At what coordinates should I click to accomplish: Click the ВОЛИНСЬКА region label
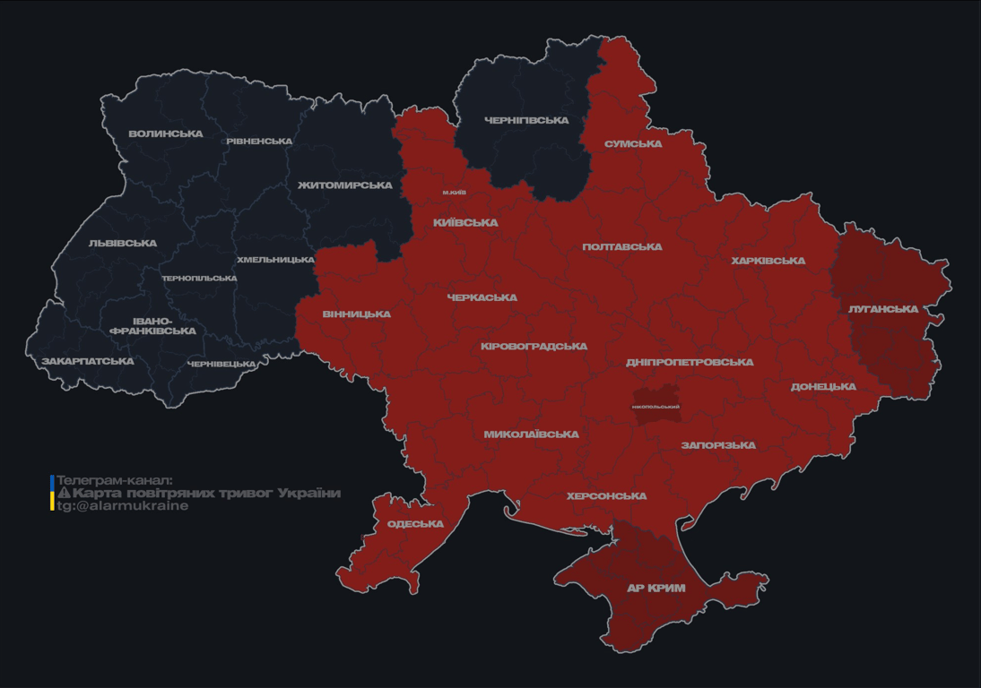tap(166, 134)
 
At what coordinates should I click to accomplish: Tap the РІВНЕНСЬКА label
tap(259, 142)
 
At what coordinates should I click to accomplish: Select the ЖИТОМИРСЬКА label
tap(345, 185)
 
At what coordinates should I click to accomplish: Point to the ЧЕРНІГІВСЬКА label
tap(526, 120)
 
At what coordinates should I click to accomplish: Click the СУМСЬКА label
tap(633, 144)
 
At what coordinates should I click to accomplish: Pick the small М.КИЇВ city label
tap(454, 193)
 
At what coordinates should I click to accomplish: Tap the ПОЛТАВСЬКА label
tap(622, 246)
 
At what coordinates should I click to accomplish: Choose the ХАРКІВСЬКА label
tap(768, 261)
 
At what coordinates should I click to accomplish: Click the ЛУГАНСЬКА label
tap(883, 309)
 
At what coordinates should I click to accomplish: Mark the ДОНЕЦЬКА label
tap(823, 387)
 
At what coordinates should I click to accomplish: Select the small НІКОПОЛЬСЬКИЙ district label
tap(655, 407)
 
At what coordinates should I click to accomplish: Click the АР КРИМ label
tap(655, 589)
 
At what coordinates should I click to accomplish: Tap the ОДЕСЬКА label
tap(415, 524)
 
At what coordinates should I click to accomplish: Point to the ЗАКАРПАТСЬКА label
tap(88, 362)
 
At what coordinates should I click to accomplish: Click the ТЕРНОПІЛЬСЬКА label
tap(199, 279)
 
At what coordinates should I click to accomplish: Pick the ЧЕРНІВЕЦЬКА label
tap(221, 365)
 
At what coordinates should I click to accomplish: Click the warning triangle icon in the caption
tap(64, 494)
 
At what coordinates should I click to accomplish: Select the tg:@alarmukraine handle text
tap(123, 506)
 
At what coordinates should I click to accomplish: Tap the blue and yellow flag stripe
tap(52, 493)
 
